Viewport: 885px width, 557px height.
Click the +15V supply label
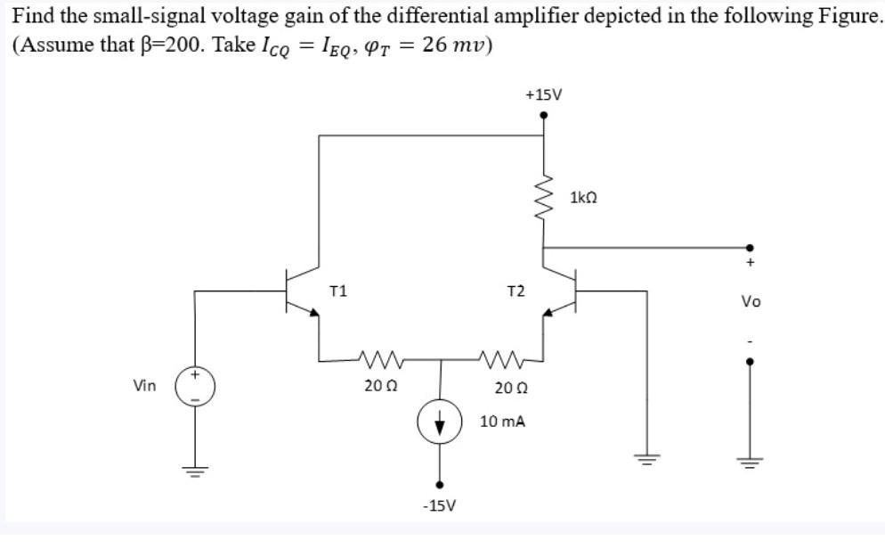pos(544,94)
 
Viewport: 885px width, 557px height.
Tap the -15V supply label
pos(439,505)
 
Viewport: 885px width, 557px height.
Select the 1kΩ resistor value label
pos(583,195)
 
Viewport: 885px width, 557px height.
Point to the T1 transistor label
pos(338,290)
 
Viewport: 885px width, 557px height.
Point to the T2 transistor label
pos(515,291)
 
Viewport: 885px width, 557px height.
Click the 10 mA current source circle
pos(439,423)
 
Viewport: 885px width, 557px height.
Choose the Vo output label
pos(750,302)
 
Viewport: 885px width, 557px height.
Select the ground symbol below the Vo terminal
pos(750,461)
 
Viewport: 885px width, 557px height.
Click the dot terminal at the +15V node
pos(544,114)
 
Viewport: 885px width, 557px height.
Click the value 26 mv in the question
pos(455,45)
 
